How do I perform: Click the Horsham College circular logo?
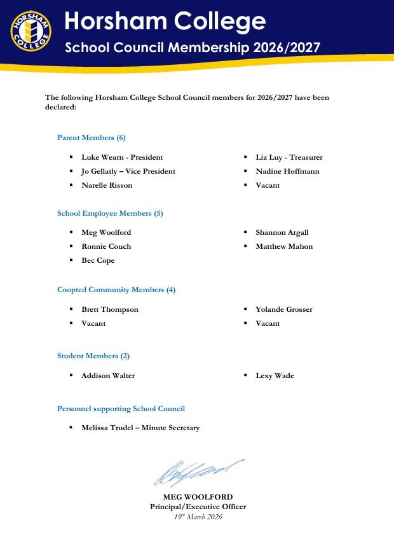point(31,31)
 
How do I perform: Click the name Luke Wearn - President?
point(122,157)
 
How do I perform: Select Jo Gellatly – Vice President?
point(128,171)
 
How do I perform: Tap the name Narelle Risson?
point(107,185)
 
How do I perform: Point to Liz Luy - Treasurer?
point(289,157)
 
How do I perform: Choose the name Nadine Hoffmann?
point(287,171)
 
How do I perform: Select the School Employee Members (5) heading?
point(110,213)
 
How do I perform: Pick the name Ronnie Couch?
point(106,246)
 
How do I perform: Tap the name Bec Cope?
point(98,260)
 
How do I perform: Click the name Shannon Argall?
point(282,232)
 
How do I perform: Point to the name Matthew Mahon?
point(284,246)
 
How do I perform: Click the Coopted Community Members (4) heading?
point(116,290)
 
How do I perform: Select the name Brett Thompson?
point(110,309)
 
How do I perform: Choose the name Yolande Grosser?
point(284,309)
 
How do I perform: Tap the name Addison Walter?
point(108,375)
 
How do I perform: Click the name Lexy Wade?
point(275,375)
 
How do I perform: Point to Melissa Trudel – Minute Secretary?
point(140,428)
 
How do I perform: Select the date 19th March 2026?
point(198,517)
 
